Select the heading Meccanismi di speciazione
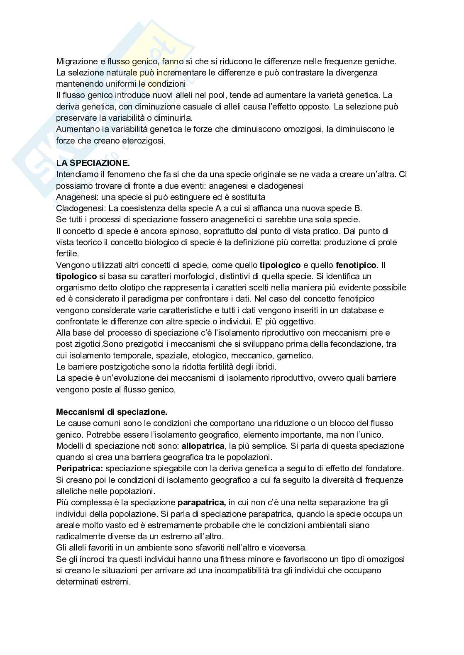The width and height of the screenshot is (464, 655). [x=112, y=412]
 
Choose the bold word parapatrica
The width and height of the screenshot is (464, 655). [x=202, y=502]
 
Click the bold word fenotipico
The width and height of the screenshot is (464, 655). [x=356, y=265]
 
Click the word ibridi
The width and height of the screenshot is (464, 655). [x=266, y=367]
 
